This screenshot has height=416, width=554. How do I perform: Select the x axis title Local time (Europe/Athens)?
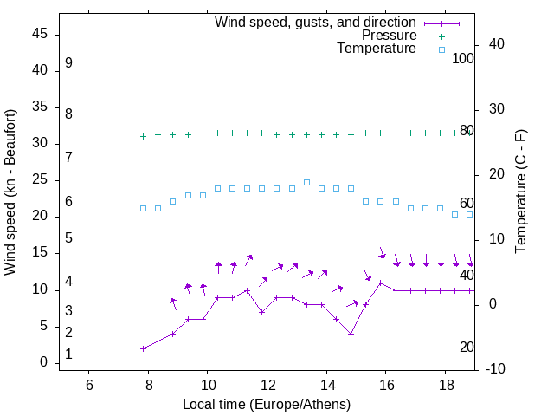(267, 404)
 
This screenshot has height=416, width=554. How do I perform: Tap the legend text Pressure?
(389, 36)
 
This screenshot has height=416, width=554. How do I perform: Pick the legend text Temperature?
(377, 49)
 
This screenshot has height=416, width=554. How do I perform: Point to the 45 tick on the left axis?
(41, 34)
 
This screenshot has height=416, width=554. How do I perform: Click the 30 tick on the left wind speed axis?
(41, 143)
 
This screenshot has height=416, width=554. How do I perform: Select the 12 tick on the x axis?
(267, 385)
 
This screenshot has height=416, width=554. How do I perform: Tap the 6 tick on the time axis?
(89, 385)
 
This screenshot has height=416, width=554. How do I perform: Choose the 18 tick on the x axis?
(445, 385)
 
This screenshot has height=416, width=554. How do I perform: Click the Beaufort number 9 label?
(68, 63)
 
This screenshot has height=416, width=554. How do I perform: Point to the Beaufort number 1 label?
(68, 354)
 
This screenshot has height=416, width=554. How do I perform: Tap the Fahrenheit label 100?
(463, 58)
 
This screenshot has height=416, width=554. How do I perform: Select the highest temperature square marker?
(306, 182)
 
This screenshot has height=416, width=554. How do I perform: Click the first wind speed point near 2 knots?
(143, 348)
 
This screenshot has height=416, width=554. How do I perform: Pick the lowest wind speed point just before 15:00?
(351, 334)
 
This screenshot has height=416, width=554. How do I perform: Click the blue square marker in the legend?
(441, 50)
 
